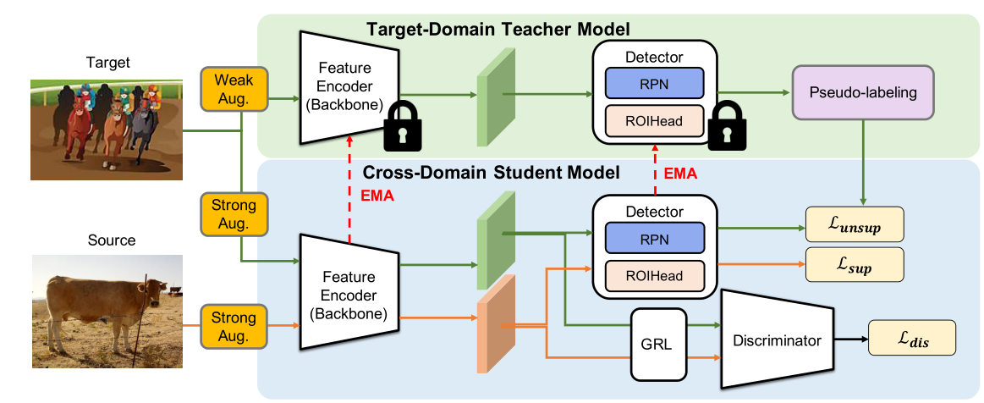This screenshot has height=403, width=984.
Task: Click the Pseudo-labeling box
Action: tap(862, 91)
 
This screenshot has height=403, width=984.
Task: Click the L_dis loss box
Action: tap(911, 340)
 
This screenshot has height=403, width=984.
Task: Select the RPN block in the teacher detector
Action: tap(654, 83)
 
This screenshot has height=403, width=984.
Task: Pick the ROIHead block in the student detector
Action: tap(654, 274)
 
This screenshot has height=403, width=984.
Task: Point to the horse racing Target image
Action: tap(107, 129)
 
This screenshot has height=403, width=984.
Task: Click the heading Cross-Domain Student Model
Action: tap(492, 173)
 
